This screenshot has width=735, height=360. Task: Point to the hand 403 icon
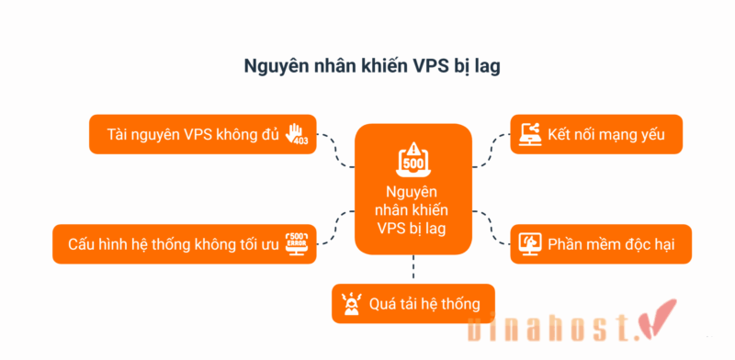(300, 134)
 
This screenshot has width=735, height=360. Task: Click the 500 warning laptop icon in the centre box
(413, 158)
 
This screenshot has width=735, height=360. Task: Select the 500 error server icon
(300, 243)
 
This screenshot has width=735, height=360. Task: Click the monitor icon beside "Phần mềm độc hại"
(529, 243)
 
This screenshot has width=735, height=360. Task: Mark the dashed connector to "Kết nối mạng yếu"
(491, 151)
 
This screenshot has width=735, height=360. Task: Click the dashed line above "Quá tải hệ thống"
(413, 268)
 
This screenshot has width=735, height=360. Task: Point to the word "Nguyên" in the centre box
(413, 192)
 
